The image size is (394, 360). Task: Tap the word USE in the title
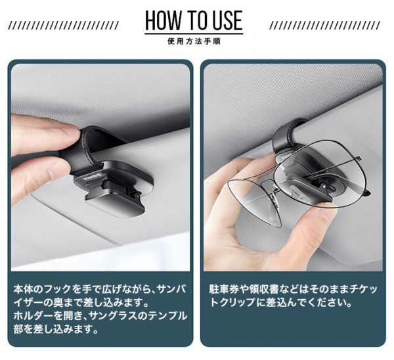tap(227, 20)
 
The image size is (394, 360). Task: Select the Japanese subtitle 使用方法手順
tap(194, 41)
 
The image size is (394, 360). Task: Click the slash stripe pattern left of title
tap(63, 26)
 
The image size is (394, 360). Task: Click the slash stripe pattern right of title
tap(325, 26)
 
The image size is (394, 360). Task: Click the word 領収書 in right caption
tap(264, 289)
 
